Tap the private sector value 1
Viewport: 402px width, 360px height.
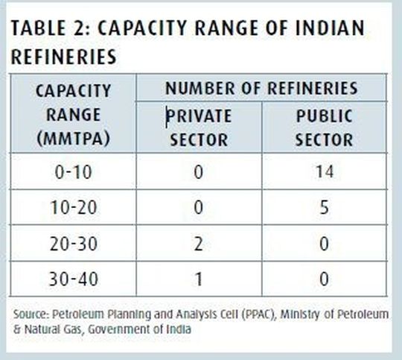(x=199, y=280)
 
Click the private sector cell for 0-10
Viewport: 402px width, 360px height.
(x=199, y=173)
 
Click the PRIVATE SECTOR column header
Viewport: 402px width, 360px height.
(x=199, y=127)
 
